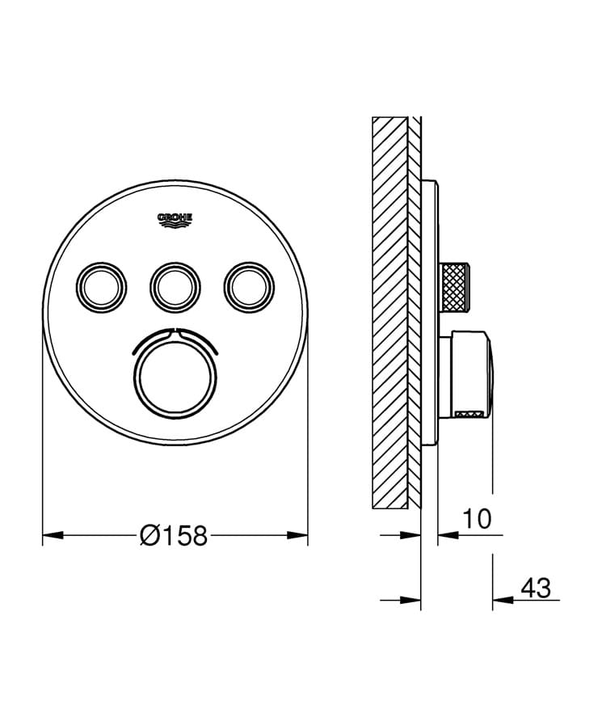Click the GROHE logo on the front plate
[175, 219]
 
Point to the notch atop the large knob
[175, 331]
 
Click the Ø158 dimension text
[174, 535]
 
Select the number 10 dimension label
[478, 519]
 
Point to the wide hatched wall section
[390, 311]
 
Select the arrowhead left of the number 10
[447, 534]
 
